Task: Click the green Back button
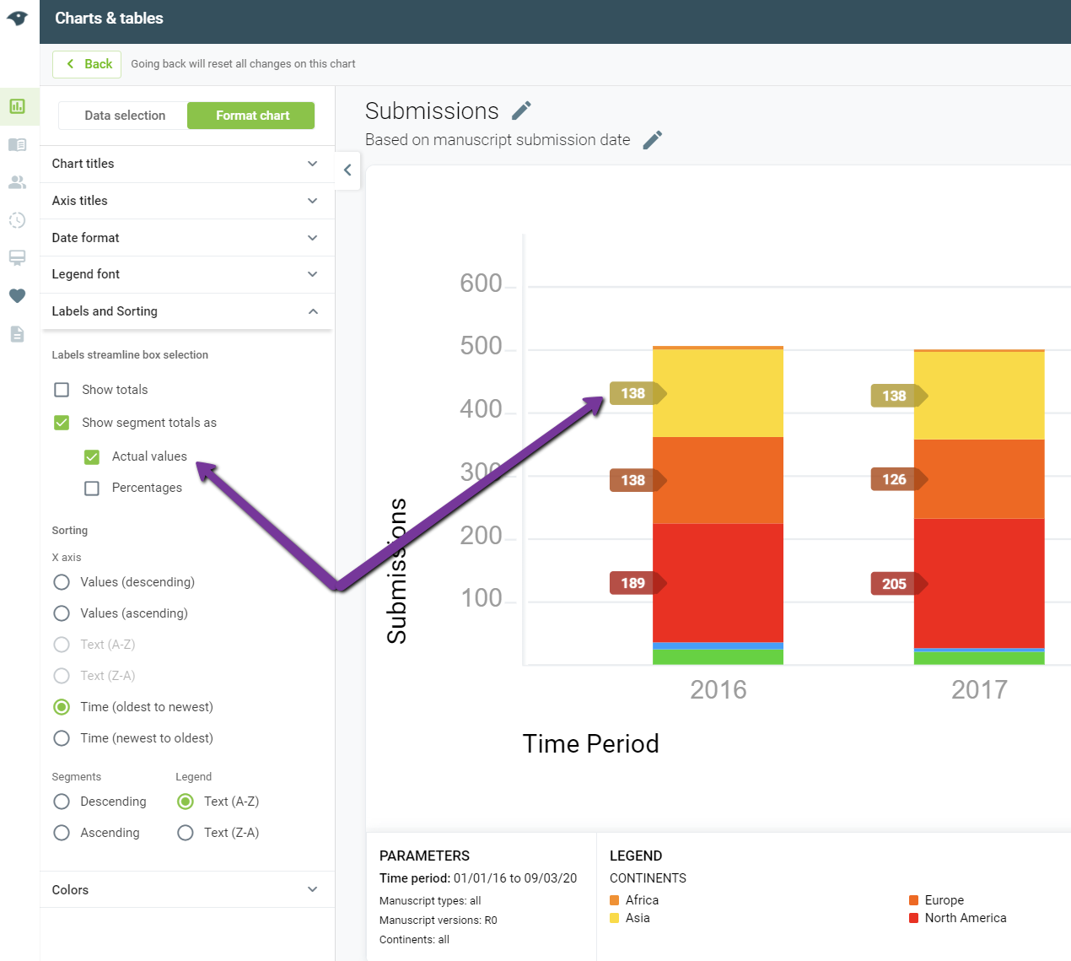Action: click(87, 64)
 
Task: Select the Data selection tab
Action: click(124, 116)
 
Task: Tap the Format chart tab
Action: click(251, 116)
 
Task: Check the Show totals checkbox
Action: click(62, 390)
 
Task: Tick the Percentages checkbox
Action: click(92, 488)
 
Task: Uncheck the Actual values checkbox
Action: click(92, 456)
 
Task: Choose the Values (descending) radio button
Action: click(62, 582)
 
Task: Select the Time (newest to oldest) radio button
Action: click(62, 737)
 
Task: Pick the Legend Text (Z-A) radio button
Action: click(186, 833)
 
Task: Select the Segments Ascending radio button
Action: click(62, 833)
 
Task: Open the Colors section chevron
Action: click(312, 889)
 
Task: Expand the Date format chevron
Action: click(312, 237)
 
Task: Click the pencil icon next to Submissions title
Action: click(521, 111)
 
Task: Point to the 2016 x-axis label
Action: click(718, 689)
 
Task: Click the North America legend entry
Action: click(957, 918)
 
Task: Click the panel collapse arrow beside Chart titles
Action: click(347, 170)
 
